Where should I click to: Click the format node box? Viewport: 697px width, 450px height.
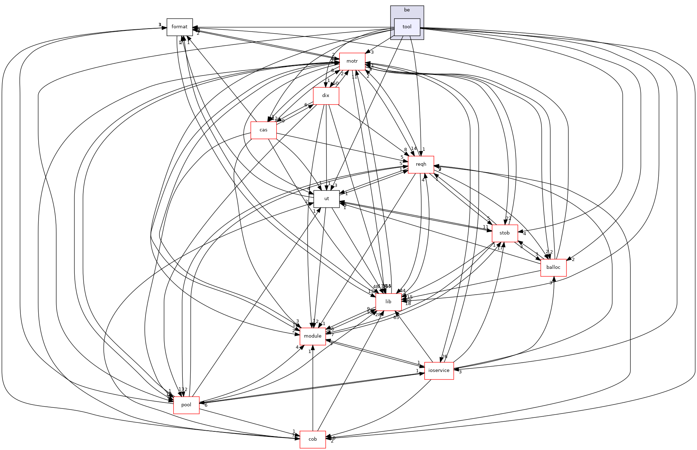(180, 27)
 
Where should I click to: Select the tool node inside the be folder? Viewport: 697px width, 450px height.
(407, 27)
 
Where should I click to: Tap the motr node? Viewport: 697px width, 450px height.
(352, 61)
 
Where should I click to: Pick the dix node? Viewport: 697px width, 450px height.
(325, 96)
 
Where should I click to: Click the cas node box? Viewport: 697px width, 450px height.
(264, 130)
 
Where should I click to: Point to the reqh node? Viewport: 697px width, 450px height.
(421, 164)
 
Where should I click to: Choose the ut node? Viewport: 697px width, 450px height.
(327, 199)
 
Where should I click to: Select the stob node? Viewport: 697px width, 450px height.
(505, 233)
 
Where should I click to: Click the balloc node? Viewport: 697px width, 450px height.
(553, 267)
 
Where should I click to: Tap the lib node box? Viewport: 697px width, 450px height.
(388, 302)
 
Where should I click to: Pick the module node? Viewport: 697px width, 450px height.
(313, 336)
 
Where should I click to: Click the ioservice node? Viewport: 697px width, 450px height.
(439, 371)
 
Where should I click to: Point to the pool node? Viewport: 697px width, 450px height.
(186, 405)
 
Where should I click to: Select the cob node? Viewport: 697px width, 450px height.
(313, 439)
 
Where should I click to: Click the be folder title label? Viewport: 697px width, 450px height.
(407, 10)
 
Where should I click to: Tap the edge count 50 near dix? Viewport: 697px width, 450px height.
(335, 83)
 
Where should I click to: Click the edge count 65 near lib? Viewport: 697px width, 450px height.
(396, 318)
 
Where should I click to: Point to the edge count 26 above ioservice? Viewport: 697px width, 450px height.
(444, 357)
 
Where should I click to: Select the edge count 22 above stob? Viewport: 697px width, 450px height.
(509, 219)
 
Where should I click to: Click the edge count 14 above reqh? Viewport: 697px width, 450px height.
(413, 149)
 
